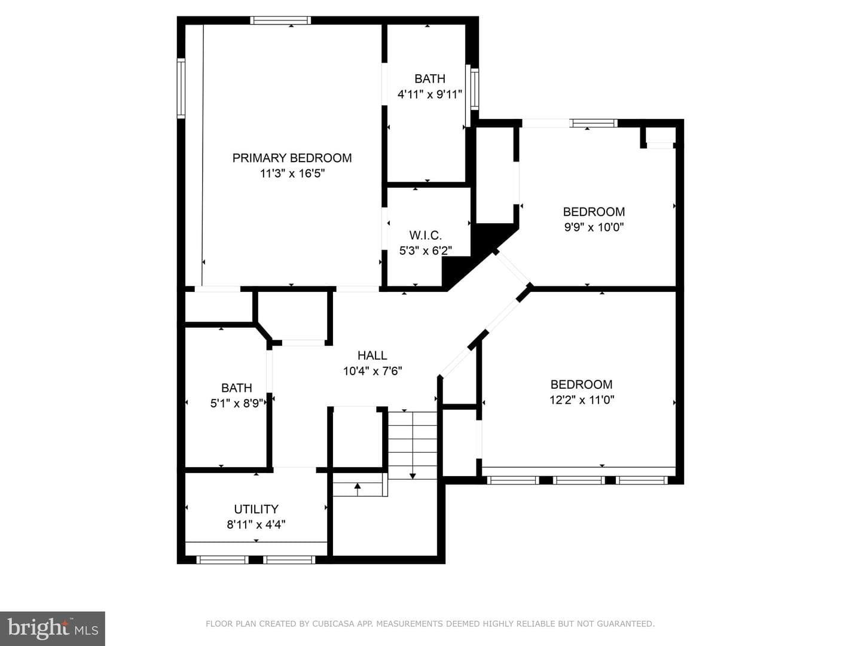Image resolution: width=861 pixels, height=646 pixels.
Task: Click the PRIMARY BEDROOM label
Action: click(x=292, y=158)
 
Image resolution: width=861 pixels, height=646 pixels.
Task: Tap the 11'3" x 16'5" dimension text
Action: click(x=292, y=173)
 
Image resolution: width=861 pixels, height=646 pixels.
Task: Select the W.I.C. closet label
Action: click(x=426, y=235)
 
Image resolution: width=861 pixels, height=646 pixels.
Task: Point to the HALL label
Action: click(x=373, y=355)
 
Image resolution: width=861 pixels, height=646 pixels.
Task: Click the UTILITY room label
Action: click(x=256, y=509)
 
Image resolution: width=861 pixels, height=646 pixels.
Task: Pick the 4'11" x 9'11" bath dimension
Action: click(x=430, y=95)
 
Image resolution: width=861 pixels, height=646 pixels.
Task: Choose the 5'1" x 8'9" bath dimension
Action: click(x=237, y=403)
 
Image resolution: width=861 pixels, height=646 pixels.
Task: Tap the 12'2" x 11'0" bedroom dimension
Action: click(x=581, y=400)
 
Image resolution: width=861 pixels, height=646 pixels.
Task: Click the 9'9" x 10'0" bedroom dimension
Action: click(x=594, y=227)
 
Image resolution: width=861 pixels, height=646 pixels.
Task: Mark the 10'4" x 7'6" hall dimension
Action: click(x=373, y=371)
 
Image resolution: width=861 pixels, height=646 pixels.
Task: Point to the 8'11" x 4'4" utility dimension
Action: click(x=256, y=525)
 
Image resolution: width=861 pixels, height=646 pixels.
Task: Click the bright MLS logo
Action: click(x=53, y=628)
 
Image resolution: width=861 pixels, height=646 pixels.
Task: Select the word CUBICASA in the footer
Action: click(x=331, y=624)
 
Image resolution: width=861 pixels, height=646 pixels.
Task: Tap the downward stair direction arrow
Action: click(x=413, y=444)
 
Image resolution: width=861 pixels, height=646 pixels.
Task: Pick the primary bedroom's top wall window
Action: click(x=280, y=20)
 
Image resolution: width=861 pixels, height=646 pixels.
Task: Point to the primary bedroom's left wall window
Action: click(x=181, y=89)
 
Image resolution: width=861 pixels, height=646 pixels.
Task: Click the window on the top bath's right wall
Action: click(x=475, y=89)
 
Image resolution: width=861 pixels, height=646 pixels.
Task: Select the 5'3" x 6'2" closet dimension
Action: click(x=426, y=251)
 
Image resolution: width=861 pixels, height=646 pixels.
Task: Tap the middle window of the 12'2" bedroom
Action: click(x=579, y=480)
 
